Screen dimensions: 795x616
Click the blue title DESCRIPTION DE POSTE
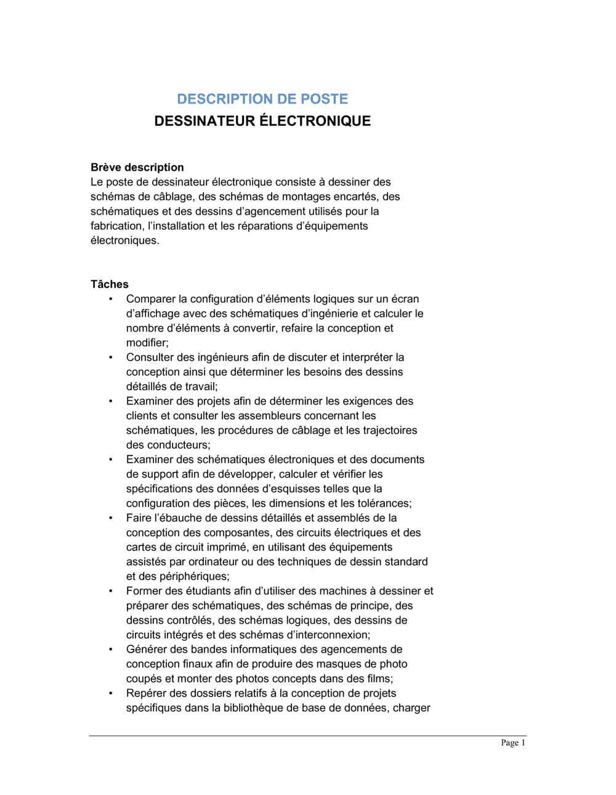point(262,99)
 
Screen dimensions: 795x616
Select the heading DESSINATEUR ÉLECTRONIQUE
point(262,121)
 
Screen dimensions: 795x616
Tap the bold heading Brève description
point(137,167)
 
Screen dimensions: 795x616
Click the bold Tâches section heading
point(110,284)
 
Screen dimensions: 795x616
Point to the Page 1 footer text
point(513,743)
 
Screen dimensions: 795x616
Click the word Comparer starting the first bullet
point(148,299)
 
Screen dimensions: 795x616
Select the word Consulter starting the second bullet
point(148,357)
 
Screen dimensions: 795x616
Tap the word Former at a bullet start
point(144,591)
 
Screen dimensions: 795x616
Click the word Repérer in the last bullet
point(147,693)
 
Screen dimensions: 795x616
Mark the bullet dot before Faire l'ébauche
point(111,518)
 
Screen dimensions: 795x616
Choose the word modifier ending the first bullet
point(147,343)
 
